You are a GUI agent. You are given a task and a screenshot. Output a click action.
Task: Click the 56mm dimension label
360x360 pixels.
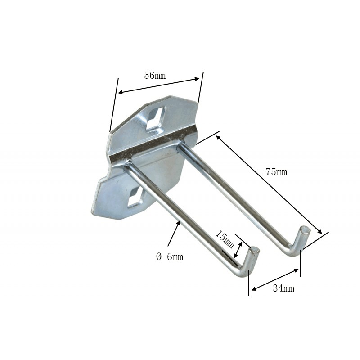tap(155, 75)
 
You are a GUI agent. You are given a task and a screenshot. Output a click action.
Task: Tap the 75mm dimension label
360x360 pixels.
tap(276, 171)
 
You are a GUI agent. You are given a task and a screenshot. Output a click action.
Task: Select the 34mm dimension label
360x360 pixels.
tap(283, 288)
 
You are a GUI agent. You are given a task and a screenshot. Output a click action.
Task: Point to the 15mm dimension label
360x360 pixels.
tap(225, 239)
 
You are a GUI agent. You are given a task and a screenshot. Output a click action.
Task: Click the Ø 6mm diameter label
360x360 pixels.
tap(170, 256)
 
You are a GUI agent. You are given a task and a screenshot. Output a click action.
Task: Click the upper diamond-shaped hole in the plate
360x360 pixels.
tap(156, 119)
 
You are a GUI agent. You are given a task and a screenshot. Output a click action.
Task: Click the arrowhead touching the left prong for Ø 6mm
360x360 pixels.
tap(178, 224)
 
